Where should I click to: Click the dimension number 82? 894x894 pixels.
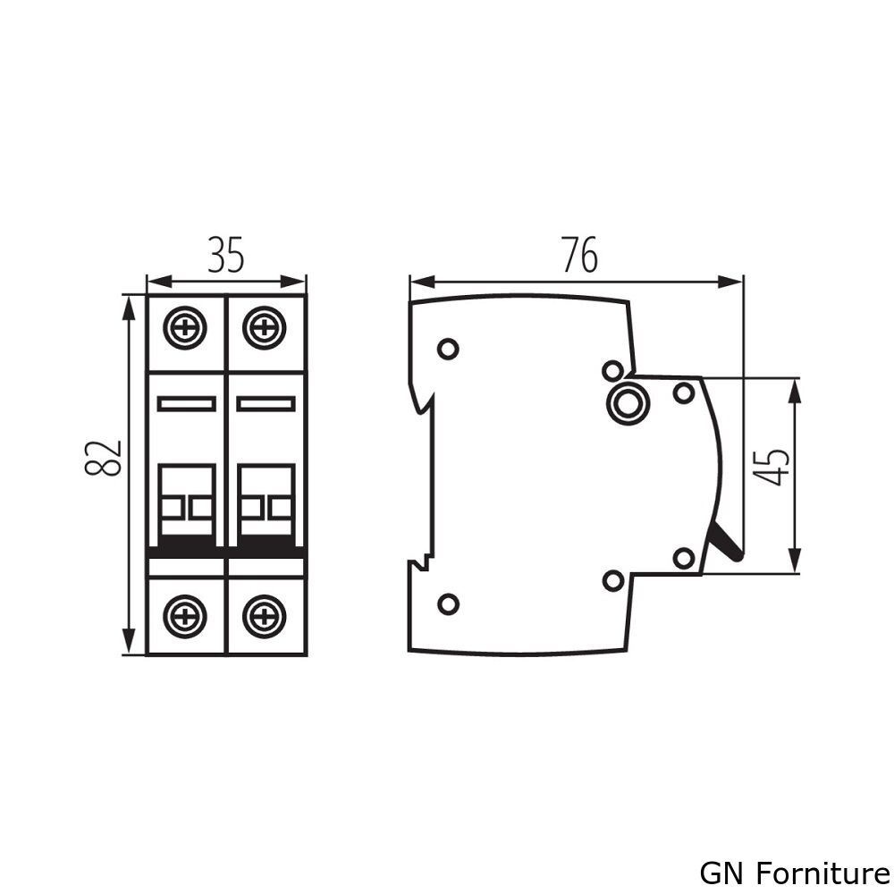[x=106, y=458]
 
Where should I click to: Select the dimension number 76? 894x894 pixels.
[x=579, y=256]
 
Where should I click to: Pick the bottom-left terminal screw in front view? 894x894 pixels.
[x=185, y=616]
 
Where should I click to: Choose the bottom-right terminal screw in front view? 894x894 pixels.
[x=263, y=616]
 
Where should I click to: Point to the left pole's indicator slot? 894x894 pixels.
[x=186, y=404]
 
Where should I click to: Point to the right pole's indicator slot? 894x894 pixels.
[x=265, y=404]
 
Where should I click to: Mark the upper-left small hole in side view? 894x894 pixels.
[x=448, y=349]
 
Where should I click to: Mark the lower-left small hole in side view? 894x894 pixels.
[x=448, y=604]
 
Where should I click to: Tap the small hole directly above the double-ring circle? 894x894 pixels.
[x=612, y=370]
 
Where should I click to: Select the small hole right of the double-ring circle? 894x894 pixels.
[x=683, y=392]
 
